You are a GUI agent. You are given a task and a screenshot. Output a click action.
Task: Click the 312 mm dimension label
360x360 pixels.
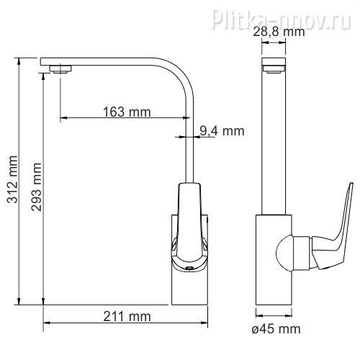tap(12, 179)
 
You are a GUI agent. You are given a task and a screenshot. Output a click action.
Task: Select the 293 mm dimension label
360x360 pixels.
tap(36, 187)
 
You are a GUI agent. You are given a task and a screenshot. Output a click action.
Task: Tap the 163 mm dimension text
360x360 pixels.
tap(127, 112)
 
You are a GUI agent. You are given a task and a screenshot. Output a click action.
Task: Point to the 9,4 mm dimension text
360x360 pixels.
tap(222, 131)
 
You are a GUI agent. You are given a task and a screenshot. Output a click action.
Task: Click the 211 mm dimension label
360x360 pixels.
tap(127, 316)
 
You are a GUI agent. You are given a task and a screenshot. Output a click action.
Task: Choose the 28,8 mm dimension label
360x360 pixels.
tap(279, 32)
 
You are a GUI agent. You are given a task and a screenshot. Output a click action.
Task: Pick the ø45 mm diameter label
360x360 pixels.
tap(276, 328)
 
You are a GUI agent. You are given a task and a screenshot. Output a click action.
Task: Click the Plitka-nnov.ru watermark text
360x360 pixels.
tap(282, 19)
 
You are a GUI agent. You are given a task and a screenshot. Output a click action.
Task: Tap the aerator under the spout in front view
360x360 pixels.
tap(60, 69)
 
